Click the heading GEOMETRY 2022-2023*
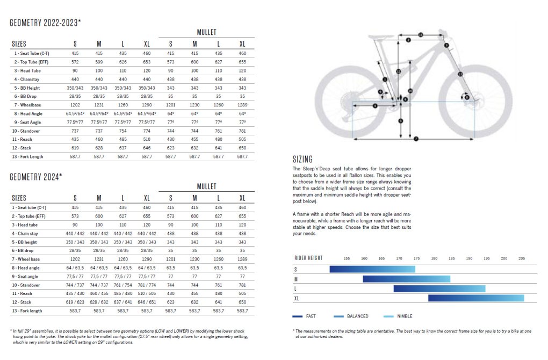coord(46,23)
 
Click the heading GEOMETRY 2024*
coord(36,176)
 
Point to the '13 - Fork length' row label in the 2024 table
coord(28,311)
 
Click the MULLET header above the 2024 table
coord(206,186)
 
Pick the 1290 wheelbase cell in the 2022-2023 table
coord(147,105)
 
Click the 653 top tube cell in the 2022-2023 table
coord(147,62)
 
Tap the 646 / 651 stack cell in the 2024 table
coord(147,302)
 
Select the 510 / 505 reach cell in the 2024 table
coord(147,293)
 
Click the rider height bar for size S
coord(372,269)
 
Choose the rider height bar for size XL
coord(475,298)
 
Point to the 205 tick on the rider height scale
coord(521,258)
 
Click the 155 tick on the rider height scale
coord(347,258)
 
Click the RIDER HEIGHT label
coord(308,258)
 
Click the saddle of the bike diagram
coord(381,37)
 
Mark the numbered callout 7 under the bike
coord(416,139)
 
